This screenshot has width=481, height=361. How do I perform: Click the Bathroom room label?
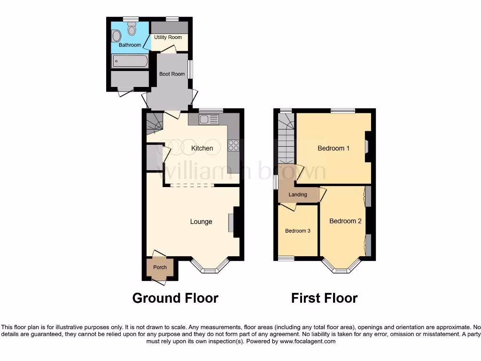coord(130,45)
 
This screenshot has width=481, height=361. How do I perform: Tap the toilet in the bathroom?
coord(132,30)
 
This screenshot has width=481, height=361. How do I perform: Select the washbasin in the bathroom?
coord(116,37)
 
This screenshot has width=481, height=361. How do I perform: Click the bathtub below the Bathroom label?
coord(130,61)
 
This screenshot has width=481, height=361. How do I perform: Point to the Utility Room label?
coord(168,37)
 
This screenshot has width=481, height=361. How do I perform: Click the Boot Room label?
coord(172,74)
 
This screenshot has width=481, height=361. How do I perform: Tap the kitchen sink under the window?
coord(207,119)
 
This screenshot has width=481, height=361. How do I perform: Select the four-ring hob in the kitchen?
coord(233,146)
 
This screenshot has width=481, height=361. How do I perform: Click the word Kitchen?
coord(202,148)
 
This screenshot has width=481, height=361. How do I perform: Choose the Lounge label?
coord(201,222)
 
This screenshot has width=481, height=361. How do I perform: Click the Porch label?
coord(160,267)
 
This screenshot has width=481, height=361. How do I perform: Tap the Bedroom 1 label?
coord(334,149)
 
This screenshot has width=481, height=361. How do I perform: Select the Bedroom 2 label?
coord(345,221)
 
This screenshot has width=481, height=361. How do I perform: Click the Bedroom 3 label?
coord(298,231)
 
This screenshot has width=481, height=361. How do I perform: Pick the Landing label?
coord(298,195)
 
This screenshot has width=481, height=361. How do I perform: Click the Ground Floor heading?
coord(175,298)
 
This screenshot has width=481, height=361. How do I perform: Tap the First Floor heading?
coord(324,298)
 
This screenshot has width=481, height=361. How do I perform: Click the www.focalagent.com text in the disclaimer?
coord(308,342)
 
